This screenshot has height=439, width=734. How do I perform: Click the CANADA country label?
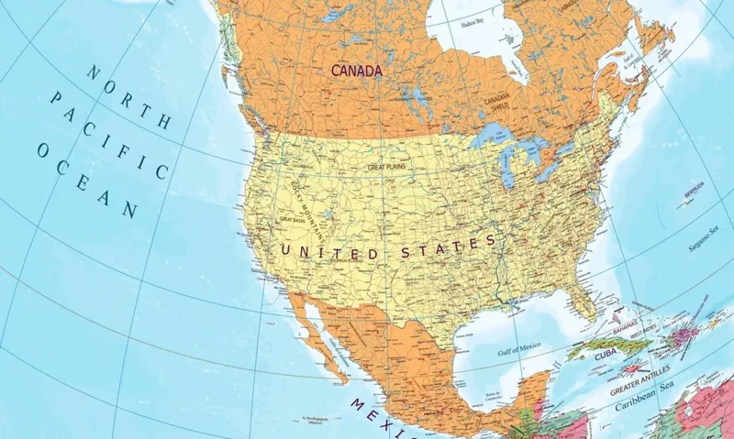(357, 70)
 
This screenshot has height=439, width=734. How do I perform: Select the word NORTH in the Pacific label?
(128, 95)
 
